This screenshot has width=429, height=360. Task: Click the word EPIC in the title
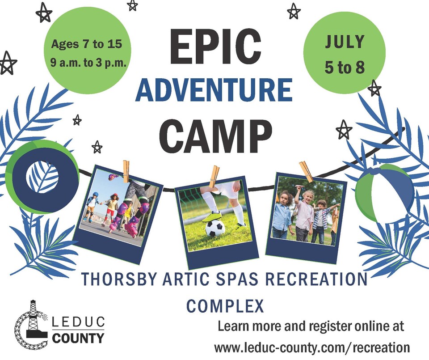pos(215,47)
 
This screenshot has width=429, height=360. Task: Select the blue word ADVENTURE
pos(214,90)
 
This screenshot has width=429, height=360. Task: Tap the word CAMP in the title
pos(215,136)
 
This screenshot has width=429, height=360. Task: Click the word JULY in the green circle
pos(345,42)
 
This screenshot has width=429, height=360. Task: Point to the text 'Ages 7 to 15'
pos(86,44)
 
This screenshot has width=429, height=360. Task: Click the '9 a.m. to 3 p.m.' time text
pos(88,63)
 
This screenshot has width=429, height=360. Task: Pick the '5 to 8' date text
pos(345,67)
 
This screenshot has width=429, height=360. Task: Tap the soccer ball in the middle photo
pos(215,228)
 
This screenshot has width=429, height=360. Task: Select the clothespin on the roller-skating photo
pos(126,171)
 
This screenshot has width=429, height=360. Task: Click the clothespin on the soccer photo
pos(214,177)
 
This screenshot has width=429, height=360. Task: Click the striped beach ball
pos(385,194)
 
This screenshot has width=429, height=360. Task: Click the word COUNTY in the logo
pos(78,338)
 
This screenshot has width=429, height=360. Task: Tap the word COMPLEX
pos(225,306)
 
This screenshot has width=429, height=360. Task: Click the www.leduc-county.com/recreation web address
pos(312,347)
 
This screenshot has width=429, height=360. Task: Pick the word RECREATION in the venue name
pos(316,279)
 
